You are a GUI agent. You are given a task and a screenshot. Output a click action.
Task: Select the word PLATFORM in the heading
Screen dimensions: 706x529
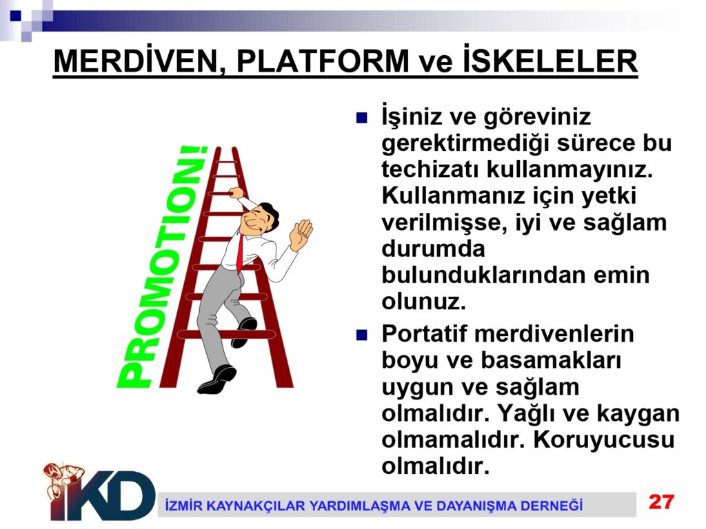(x=323, y=61)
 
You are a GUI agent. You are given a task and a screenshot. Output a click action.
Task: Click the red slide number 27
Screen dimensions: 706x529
(x=661, y=501)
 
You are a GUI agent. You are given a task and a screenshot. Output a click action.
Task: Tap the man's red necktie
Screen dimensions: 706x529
(x=240, y=253)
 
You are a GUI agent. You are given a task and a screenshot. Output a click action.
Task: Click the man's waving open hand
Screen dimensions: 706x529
(x=301, y=234)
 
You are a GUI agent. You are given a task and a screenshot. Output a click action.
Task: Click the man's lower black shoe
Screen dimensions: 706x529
(x=217, y=380)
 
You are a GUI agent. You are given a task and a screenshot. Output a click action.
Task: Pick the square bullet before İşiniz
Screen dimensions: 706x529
(x=361, y=118)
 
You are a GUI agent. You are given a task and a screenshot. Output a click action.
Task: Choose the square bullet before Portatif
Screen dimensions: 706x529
(x=361, y=335)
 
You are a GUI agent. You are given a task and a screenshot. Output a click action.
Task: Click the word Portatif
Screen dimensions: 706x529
(x=425, y=334)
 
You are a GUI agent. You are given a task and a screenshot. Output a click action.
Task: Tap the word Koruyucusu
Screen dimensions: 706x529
(x=604, y=439)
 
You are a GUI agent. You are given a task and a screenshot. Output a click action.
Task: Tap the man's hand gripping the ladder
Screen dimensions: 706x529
(x=236, y=193)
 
